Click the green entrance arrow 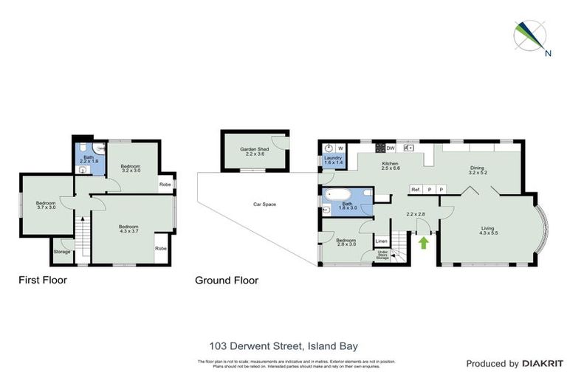[424, 241]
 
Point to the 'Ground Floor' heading [226, 280]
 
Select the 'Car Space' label [264, 204]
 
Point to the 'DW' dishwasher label [391, 147]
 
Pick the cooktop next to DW [380, 147]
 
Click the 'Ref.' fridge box [416, 190]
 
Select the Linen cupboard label [381, 241]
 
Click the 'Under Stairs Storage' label [384, 255]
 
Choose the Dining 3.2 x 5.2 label [478, 170]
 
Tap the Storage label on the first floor [62, 252]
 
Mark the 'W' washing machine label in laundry [341, 147]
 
